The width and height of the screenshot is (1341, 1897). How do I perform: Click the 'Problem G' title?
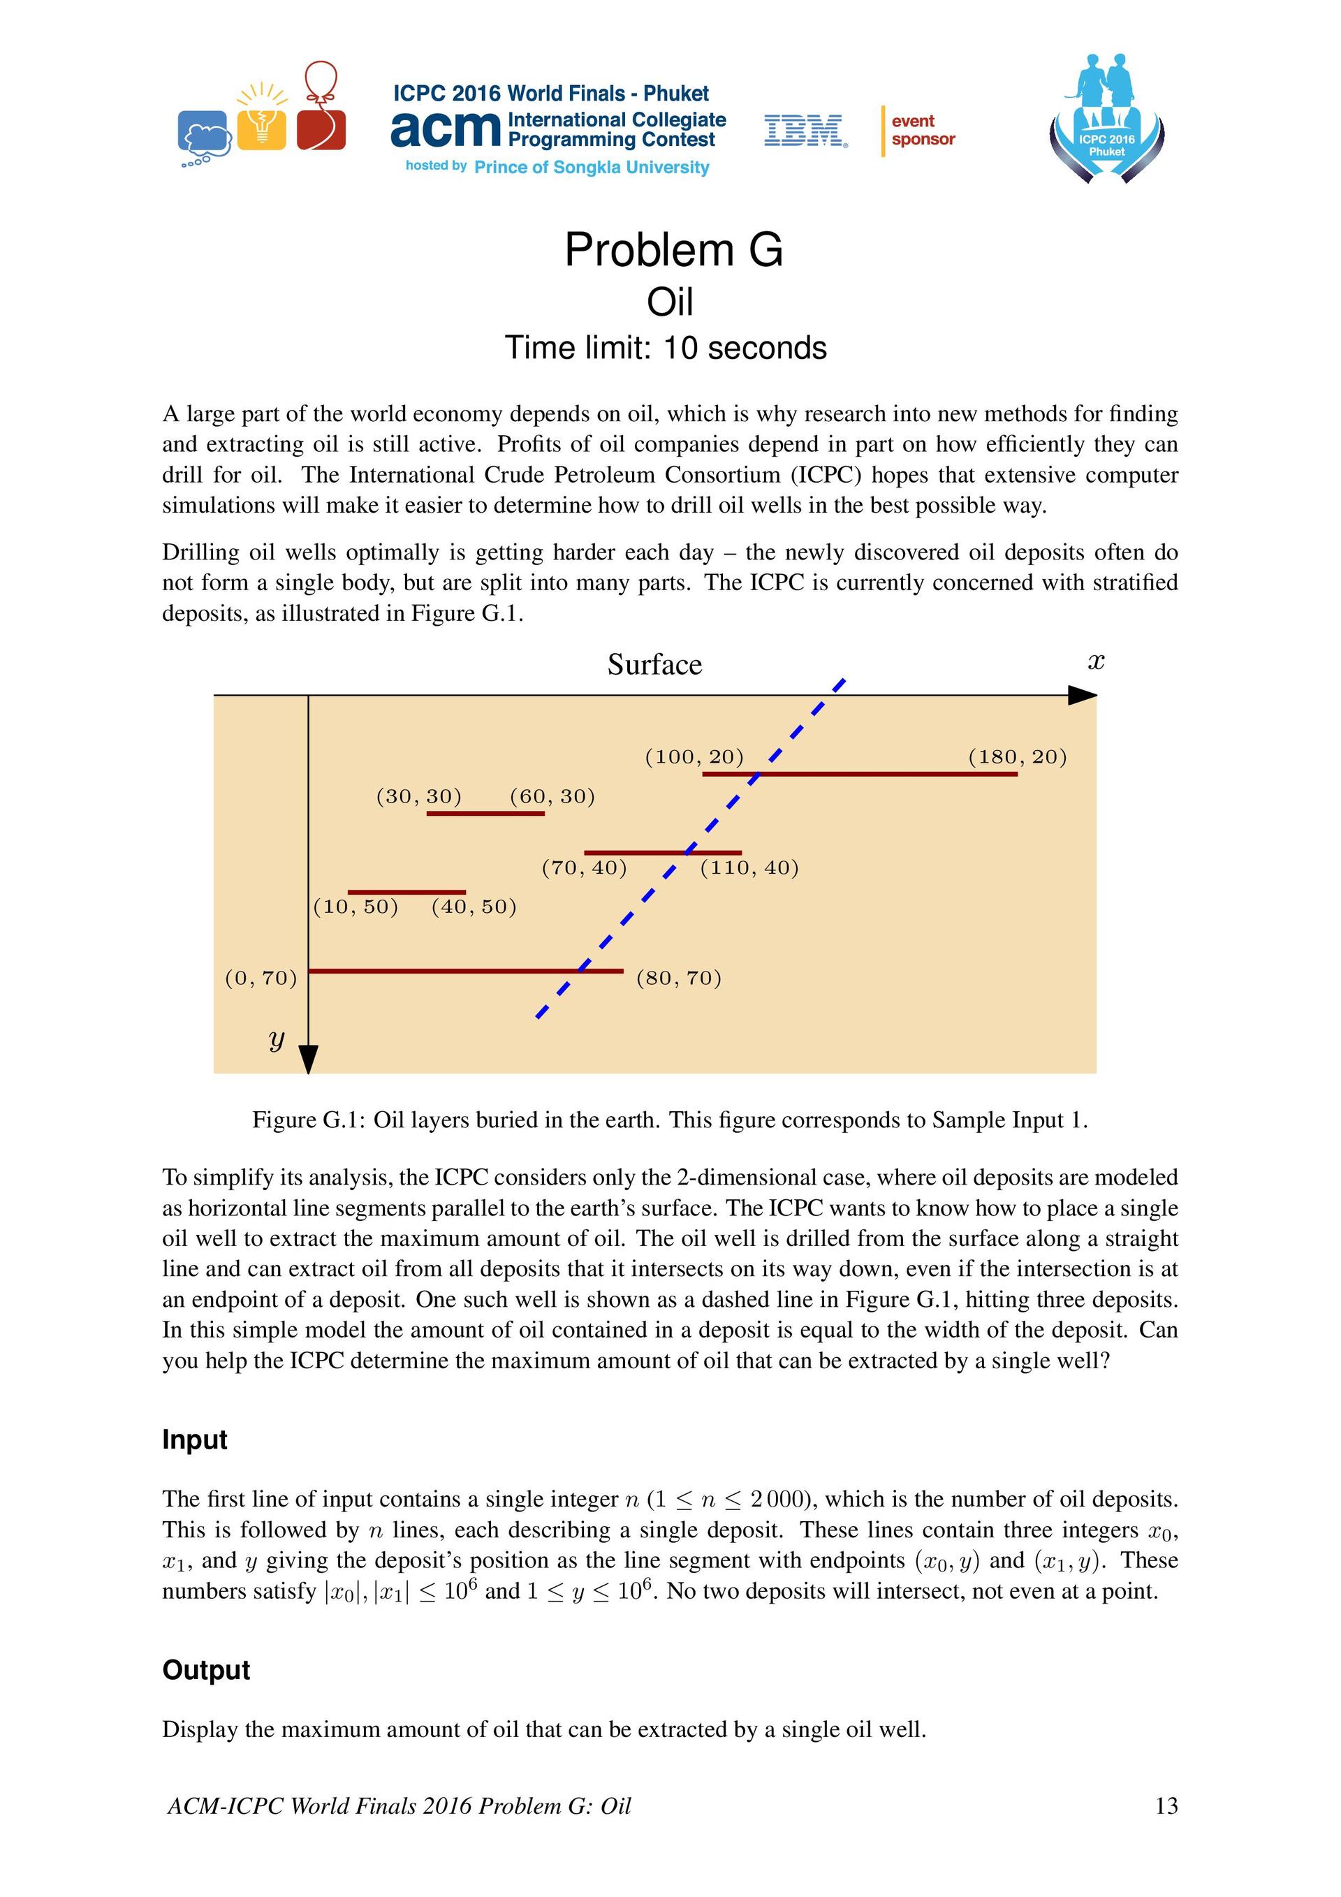673,249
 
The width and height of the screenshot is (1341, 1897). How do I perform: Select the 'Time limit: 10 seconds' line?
665,348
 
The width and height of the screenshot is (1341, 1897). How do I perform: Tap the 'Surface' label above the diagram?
654,664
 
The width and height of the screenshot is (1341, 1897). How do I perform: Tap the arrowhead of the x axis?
1083,695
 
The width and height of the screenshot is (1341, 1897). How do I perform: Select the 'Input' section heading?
194,1438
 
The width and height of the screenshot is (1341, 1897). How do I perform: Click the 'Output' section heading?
206,1669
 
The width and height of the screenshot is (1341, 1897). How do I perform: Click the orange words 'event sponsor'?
923,131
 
